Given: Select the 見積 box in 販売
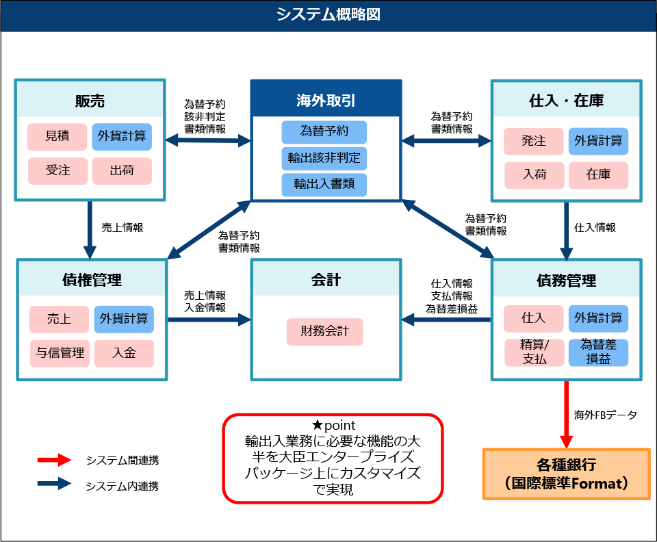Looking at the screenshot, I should [x=57, y=136].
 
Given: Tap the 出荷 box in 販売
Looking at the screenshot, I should [x=122, y=170].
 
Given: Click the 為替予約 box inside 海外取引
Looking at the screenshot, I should [x=324, y=131].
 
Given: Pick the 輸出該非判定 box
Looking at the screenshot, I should [x=324, y=158].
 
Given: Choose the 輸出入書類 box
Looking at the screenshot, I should [x=324, y=184].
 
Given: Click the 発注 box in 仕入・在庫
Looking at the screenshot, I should [x=534, y=141].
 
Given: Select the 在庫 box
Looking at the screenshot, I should [x=598, y=175].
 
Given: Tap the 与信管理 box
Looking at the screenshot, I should [x=60, y=353].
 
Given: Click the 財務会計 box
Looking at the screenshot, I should [x=324, y=332].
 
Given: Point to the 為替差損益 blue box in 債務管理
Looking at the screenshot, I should [x=598, y=352].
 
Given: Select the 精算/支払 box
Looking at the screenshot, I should [x=534, y=352].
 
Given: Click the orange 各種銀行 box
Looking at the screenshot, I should [x=566, y=474].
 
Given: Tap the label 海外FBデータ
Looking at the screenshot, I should [x=605, y=415].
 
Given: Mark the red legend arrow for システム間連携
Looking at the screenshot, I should [x=54, y=461].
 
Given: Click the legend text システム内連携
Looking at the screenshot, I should [x=123, y=487].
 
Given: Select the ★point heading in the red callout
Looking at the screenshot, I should [x=333, y=426].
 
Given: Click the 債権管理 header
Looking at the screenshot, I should [x=92, y=279].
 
